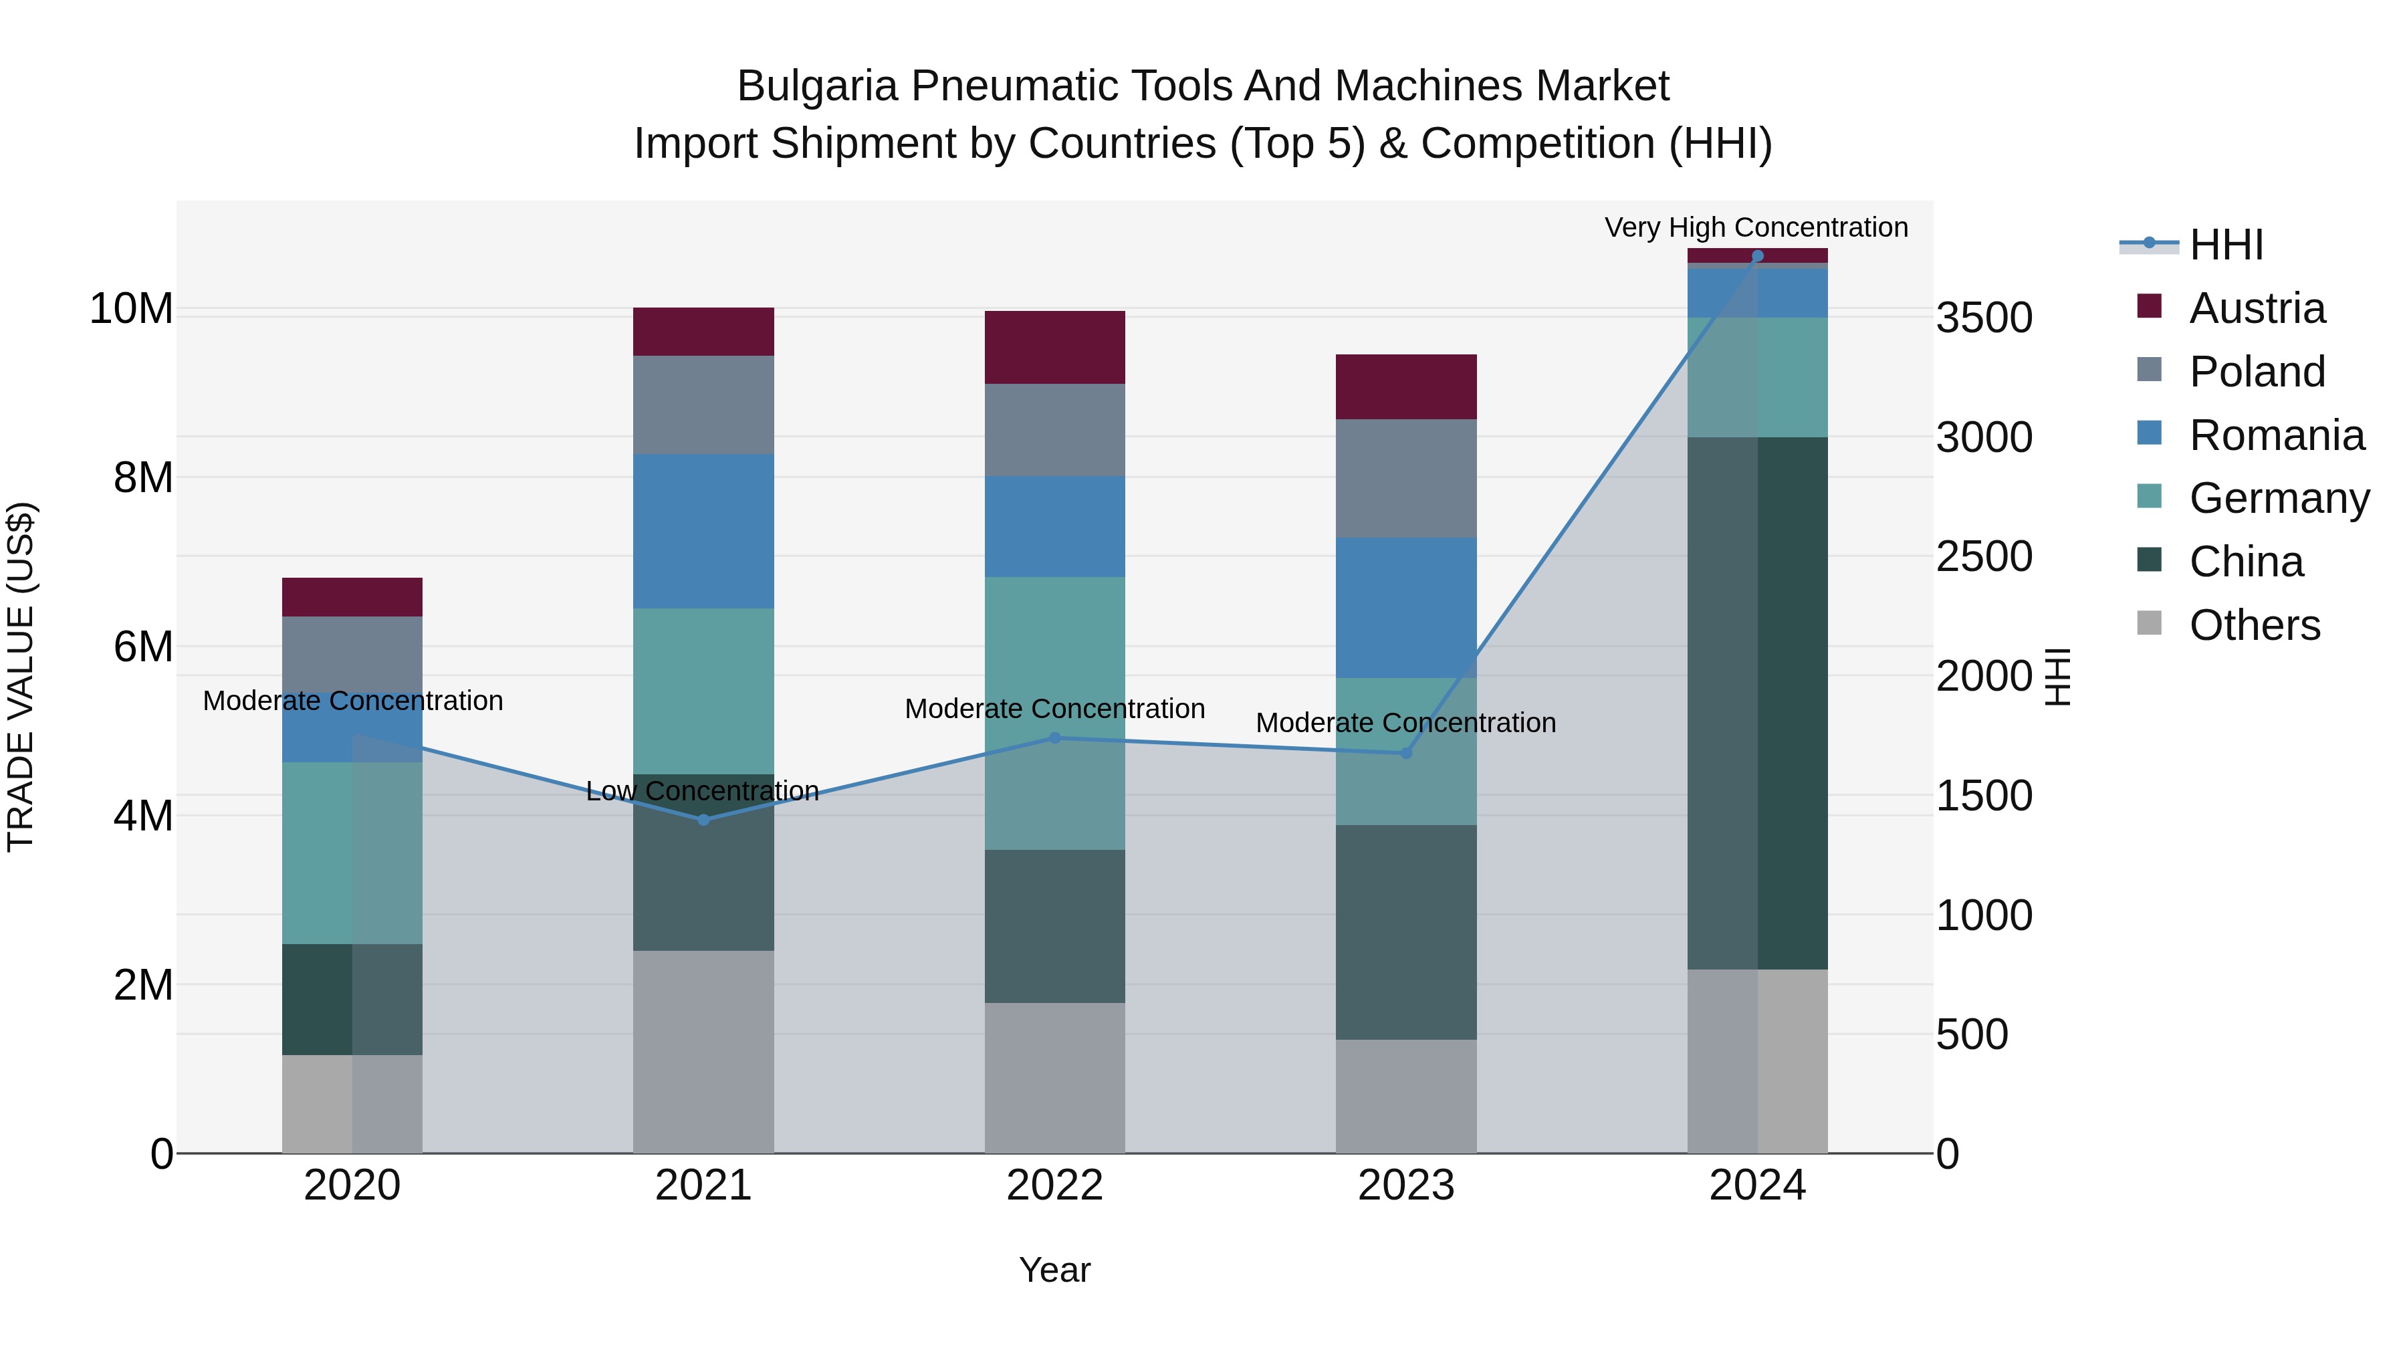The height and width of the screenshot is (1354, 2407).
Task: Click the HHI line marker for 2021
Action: point(703,820)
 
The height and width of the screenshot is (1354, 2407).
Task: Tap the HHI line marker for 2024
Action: point(1758,256)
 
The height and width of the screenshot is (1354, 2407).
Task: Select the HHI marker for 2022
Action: point(1055,738)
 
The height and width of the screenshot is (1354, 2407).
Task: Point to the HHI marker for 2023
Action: point(1406,753)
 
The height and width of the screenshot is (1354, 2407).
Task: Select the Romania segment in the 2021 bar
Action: point(703,531)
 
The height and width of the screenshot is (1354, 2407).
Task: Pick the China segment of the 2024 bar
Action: point(1758,703)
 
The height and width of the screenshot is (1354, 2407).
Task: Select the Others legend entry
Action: point(2254,625)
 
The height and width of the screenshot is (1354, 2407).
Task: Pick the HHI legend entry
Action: point(2226,245)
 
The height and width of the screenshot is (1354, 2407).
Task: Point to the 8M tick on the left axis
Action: point(143,477)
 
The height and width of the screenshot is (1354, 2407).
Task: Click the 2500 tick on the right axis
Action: point(1984,557)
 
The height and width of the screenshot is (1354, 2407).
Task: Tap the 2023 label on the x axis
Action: point(1406,1186)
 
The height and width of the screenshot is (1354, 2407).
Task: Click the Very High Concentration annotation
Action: point(1756,227)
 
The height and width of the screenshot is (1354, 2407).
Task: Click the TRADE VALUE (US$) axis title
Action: point(21,677)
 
